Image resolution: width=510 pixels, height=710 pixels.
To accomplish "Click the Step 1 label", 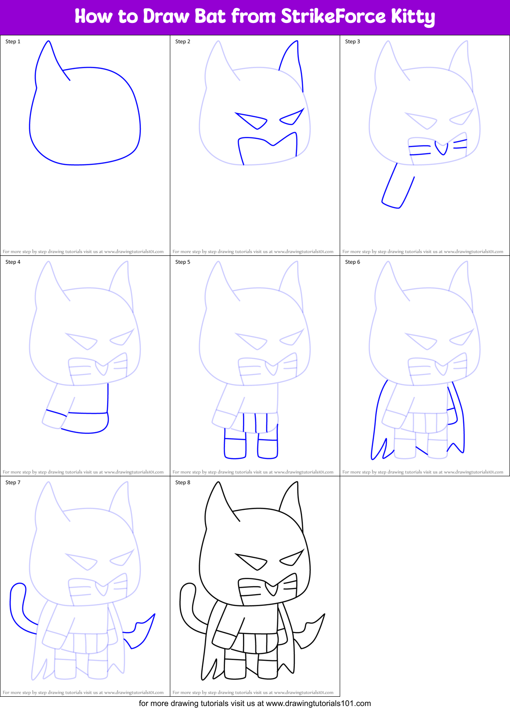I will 13,42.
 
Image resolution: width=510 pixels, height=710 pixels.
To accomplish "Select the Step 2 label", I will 183,42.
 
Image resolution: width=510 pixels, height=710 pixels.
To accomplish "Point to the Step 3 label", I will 352,42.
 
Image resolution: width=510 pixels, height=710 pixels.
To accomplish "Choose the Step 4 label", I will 13,262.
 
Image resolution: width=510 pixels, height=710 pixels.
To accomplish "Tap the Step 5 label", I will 183,262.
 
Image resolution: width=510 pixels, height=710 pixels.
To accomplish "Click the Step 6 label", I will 352,262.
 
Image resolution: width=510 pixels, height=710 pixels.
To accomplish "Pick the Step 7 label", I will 13,482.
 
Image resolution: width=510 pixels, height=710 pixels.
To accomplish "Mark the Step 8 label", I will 183,482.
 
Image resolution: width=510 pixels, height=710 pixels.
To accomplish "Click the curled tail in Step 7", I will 18,605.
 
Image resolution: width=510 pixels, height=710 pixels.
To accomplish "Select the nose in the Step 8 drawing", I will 272,589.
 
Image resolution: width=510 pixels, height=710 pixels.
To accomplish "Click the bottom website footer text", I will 255,703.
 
